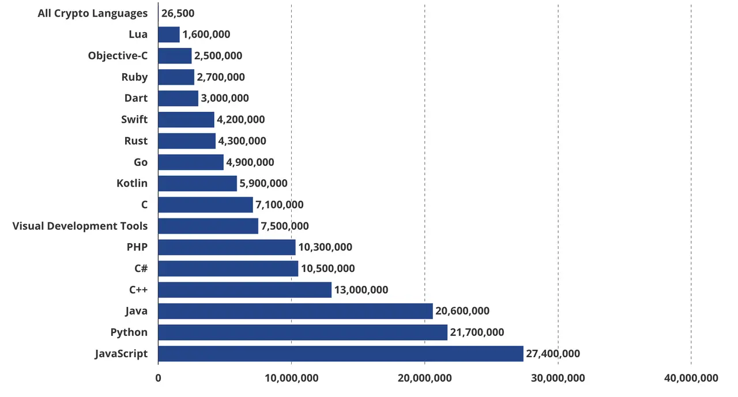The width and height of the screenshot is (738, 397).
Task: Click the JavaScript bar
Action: pos(340,354)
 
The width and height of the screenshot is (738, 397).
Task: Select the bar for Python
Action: pos(302,332)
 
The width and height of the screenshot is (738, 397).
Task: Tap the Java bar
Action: pos(295,311)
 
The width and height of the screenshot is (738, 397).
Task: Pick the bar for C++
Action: pos(244,290)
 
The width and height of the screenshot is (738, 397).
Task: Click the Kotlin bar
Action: pos(197,183)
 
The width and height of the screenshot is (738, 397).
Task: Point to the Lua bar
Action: pos(168,35)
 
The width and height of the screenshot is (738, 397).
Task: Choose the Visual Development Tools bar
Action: pos(208,226)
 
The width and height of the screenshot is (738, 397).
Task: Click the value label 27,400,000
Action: pos(553,354)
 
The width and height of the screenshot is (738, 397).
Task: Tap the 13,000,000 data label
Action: pos(361,290)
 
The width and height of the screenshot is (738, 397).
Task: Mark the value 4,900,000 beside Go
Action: pos(250,162)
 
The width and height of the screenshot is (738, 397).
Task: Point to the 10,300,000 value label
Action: pos(325,247)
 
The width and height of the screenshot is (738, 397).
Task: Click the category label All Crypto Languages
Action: pos(92,13)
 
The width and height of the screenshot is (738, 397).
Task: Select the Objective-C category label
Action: pos(118,56)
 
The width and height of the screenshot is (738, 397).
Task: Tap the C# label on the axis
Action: pos(140,269)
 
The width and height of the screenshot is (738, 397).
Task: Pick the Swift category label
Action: pos(134,120)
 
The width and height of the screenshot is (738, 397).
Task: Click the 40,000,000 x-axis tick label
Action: pos(691,378)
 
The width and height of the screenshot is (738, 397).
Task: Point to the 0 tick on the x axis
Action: pos(158,378)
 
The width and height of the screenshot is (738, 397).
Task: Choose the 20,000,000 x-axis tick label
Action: pos(424,378)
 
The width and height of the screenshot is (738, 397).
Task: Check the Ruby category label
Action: pos(134,77)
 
